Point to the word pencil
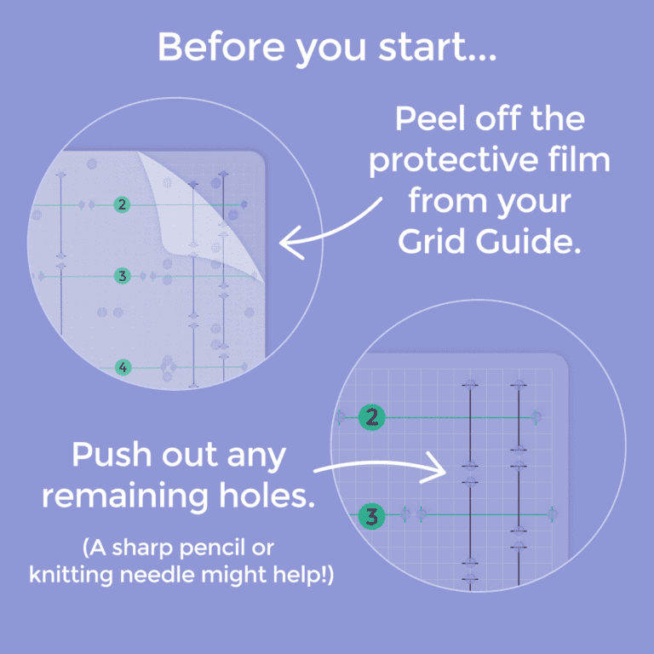[240, 546]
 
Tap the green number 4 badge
[123, 368]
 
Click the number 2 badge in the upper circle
[123, 204]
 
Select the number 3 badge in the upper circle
[123, 276]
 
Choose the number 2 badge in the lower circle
[372, 417]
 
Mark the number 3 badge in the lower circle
[372, 515]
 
